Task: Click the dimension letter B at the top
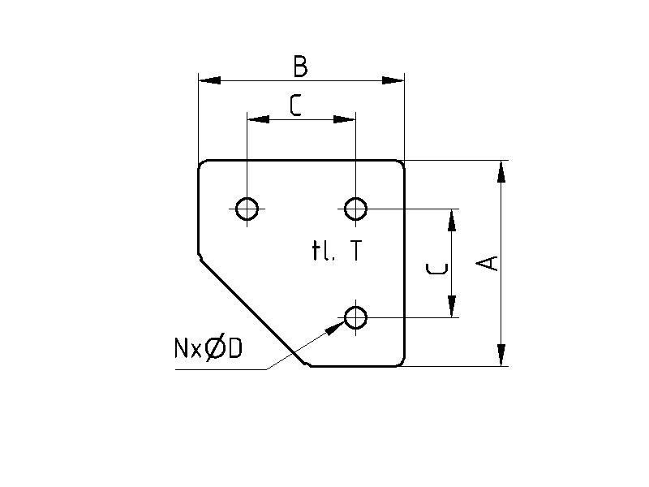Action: (x=300, y=67)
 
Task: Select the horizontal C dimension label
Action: (x=295, y=106)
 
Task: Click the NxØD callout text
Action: (x=208, y=348)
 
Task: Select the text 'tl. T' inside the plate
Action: (x=336, y=252)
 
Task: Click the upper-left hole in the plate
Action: (x=247, y=209)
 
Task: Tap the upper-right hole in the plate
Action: (x=355, y=209)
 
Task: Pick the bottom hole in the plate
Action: (x=355, y=317)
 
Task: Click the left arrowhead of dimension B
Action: (x=209, y=80)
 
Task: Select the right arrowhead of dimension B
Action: (x=393, y=80)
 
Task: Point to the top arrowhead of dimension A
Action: (x=501, y=171)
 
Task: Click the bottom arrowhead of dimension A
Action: (x=501, y=355)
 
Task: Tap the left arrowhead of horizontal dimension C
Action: (x=258, y=119)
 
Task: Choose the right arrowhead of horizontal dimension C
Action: (x=345, y=119)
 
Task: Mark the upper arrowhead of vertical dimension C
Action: (x=452, y=220)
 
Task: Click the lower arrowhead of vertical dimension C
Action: (x=452, y=307)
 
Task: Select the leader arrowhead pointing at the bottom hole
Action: (x=336, y=327)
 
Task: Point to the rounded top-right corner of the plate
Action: (x=400, y=164)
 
